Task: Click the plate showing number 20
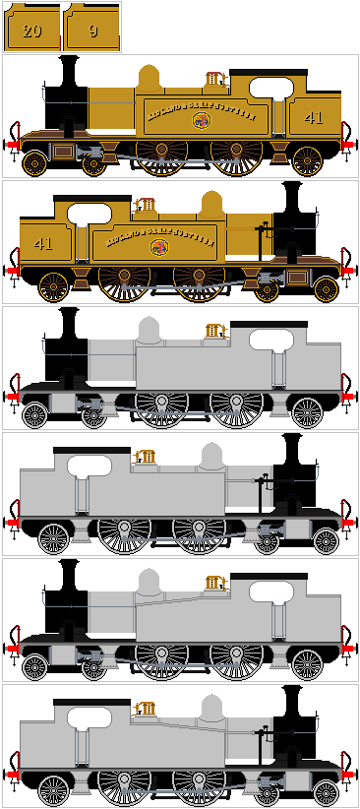31,31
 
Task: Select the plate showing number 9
92,31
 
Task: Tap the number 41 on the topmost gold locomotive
313,118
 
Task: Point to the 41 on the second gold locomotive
43,243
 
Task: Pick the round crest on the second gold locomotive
156,247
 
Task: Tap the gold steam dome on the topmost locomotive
149,80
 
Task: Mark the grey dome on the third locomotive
149,332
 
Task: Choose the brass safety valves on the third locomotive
215,331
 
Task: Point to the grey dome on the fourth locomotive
211,458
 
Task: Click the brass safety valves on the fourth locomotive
145,458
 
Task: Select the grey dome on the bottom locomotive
211,710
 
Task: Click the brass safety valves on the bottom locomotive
145,710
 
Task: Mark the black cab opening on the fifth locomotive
270,593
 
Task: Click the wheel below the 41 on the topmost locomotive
308,160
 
